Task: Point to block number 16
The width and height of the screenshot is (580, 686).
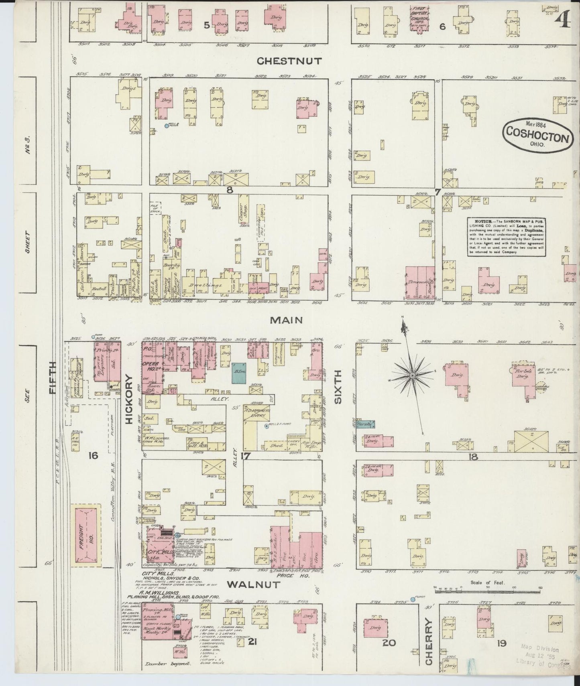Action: click(93, 455)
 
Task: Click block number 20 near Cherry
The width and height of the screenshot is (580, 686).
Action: click(389, 643)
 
